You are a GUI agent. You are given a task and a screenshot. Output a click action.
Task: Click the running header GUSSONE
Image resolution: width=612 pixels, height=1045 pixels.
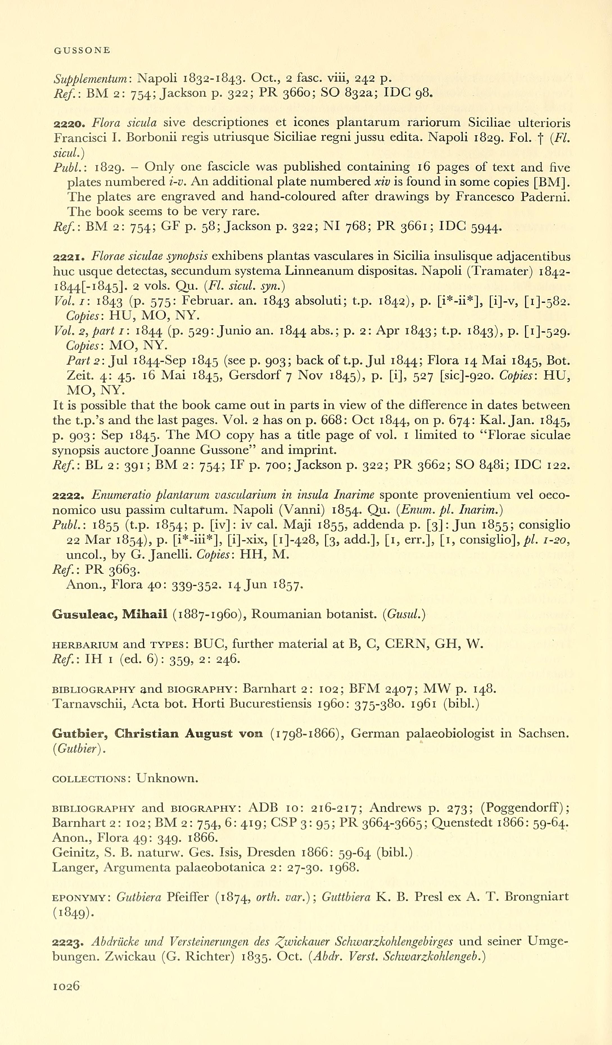(x=82, y=51)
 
